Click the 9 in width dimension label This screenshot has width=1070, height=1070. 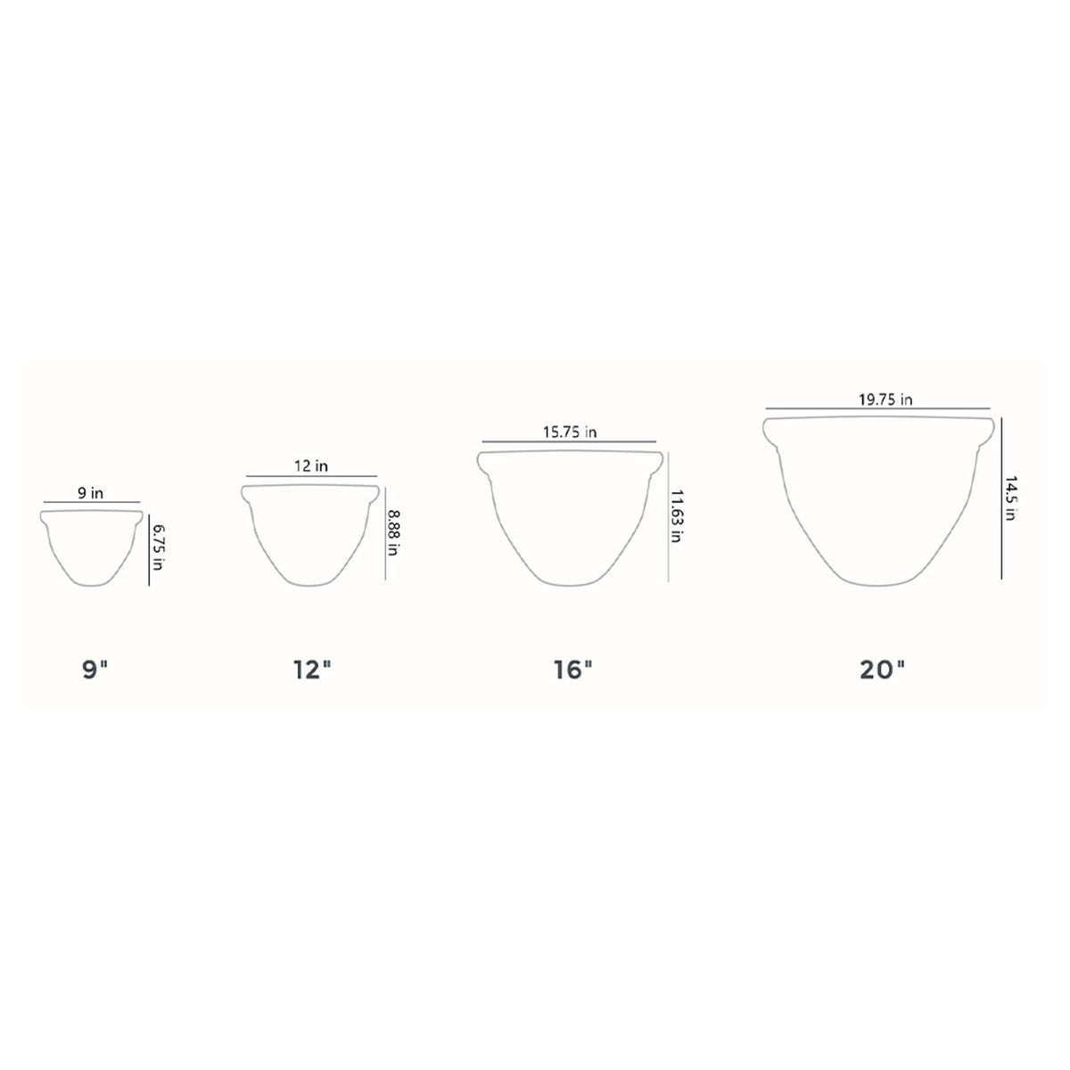(90, 492)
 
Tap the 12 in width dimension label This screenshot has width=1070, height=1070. (311, 465)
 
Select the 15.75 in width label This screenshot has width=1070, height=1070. (570, 432)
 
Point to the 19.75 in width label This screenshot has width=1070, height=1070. (885, 399)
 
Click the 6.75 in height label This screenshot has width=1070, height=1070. (158, 547)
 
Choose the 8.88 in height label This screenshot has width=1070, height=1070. (393, 533)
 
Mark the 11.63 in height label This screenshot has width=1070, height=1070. (676, 516)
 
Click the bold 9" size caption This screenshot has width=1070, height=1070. (95, 671)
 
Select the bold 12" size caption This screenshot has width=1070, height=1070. (312, 671)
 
